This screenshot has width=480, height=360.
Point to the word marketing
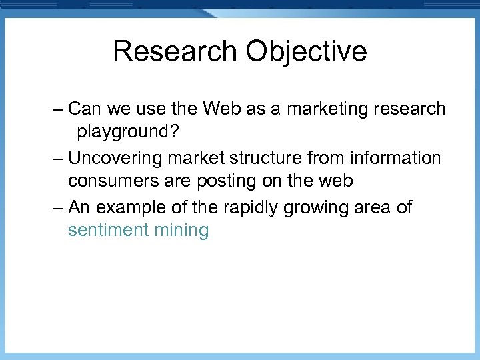(327, 109)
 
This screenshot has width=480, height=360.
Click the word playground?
(127, 131)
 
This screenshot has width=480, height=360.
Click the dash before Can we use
(57, 109)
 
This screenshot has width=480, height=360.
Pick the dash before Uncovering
(57, 159)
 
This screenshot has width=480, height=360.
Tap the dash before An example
(57, 208)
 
